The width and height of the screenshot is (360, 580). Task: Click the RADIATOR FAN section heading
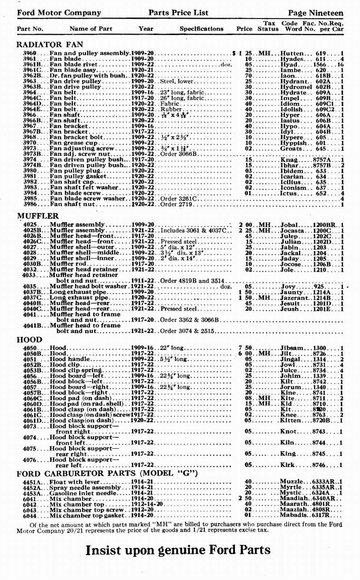[x=50, y=45]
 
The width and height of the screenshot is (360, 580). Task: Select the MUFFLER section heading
[x=38, y=216]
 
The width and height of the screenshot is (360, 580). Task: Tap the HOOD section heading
[x=30, y=340]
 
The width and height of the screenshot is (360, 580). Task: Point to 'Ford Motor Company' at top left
[x=59, y=13]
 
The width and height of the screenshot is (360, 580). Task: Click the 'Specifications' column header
[x=202, y=29]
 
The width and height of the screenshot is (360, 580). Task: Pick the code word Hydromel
[x=296, y=87]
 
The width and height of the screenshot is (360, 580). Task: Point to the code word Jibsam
[x=292, y=348]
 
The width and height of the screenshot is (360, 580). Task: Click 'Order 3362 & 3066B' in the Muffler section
[x=190, y=320]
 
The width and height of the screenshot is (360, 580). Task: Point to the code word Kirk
[x=287, y=465]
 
